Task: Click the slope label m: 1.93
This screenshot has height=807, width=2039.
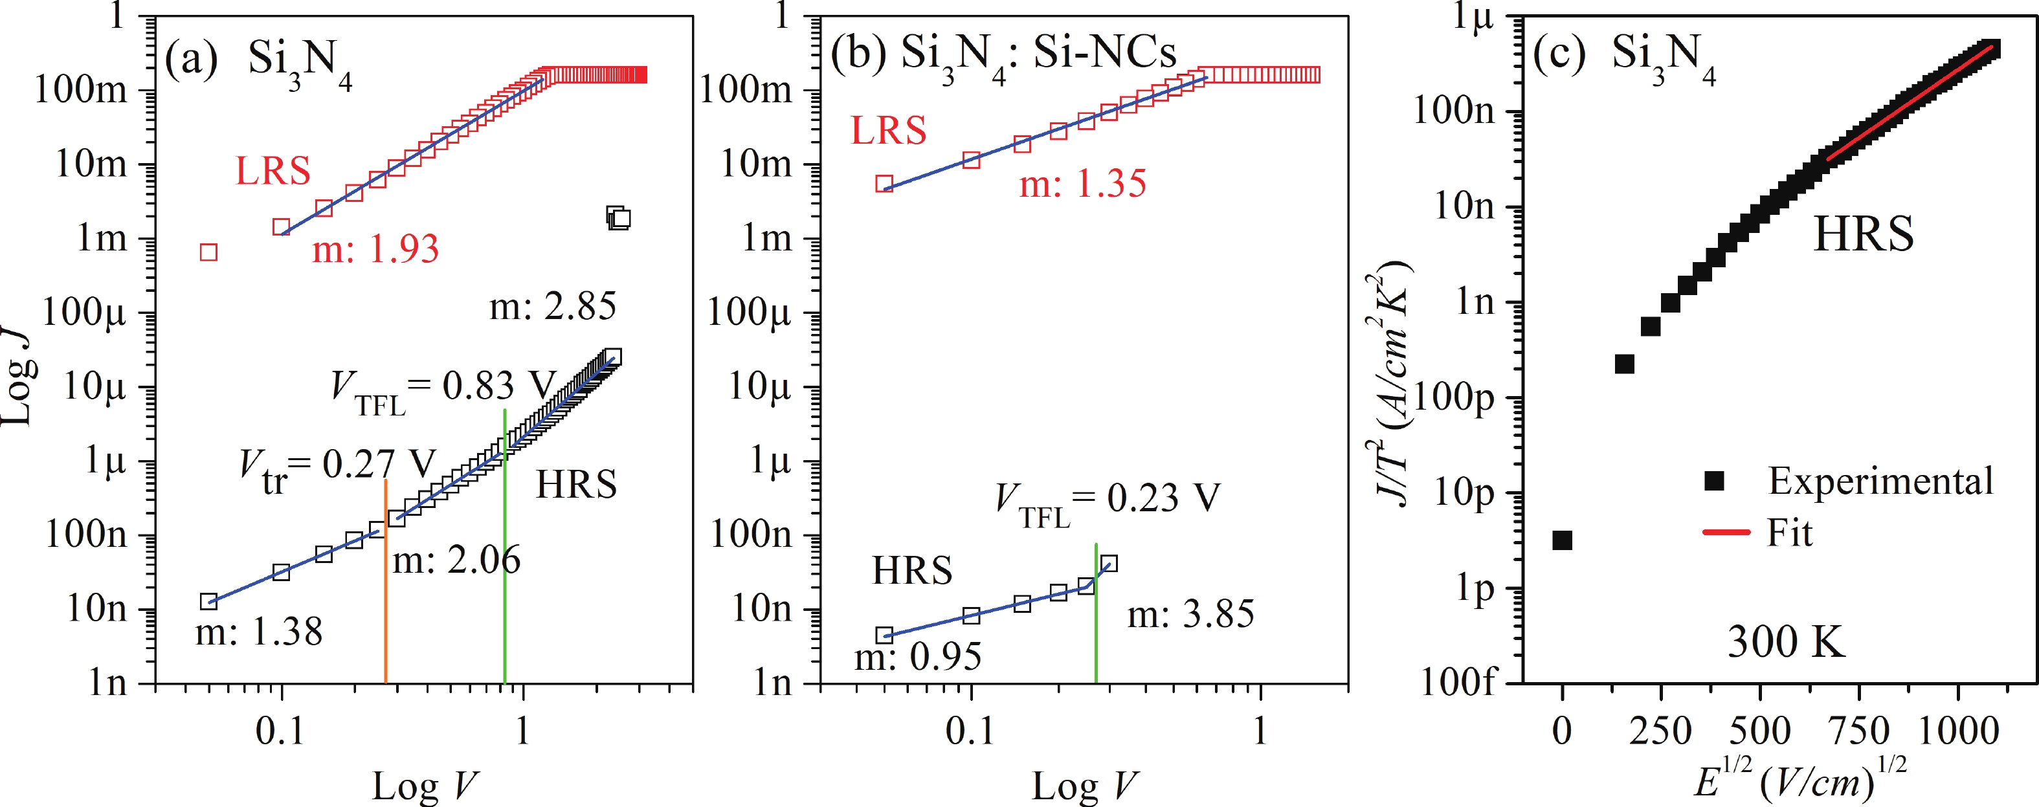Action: (375, 250)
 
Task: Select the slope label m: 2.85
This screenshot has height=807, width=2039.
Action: (553, 307)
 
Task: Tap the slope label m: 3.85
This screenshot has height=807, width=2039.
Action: (1190, 615)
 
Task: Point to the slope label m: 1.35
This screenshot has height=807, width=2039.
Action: (1082, 184)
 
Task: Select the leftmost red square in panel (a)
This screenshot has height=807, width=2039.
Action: (208, 252)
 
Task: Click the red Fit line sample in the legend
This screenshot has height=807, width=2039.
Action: (1726, 533)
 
